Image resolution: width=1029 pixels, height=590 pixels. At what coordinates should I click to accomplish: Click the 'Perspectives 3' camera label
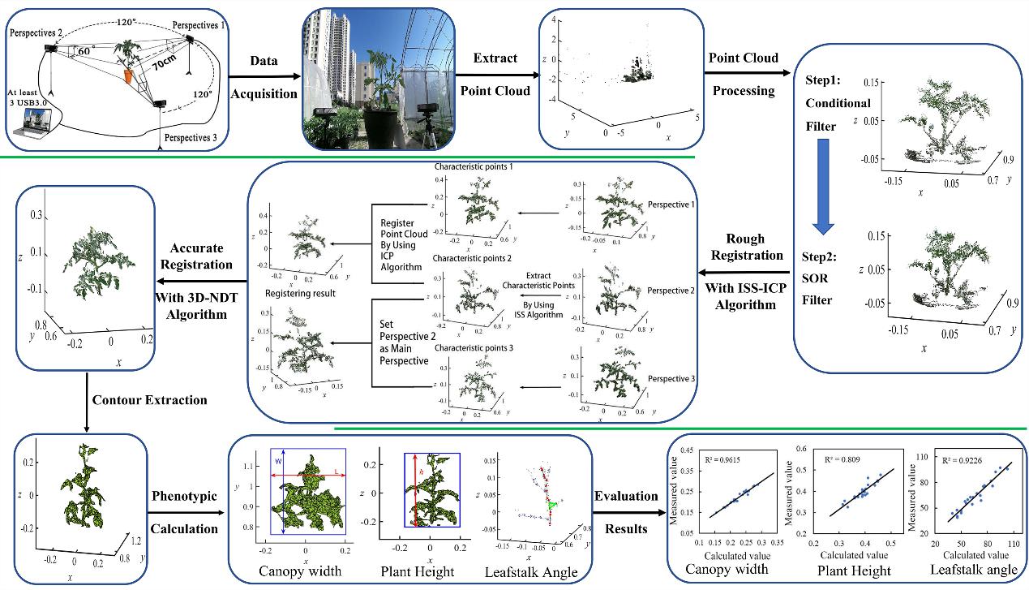(191, 138)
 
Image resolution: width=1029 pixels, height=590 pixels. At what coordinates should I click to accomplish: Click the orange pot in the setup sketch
(128, 75)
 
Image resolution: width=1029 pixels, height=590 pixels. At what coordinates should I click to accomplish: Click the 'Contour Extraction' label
(149, 400)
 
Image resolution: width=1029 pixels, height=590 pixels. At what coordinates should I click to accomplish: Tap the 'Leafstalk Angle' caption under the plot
(531, 572)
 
